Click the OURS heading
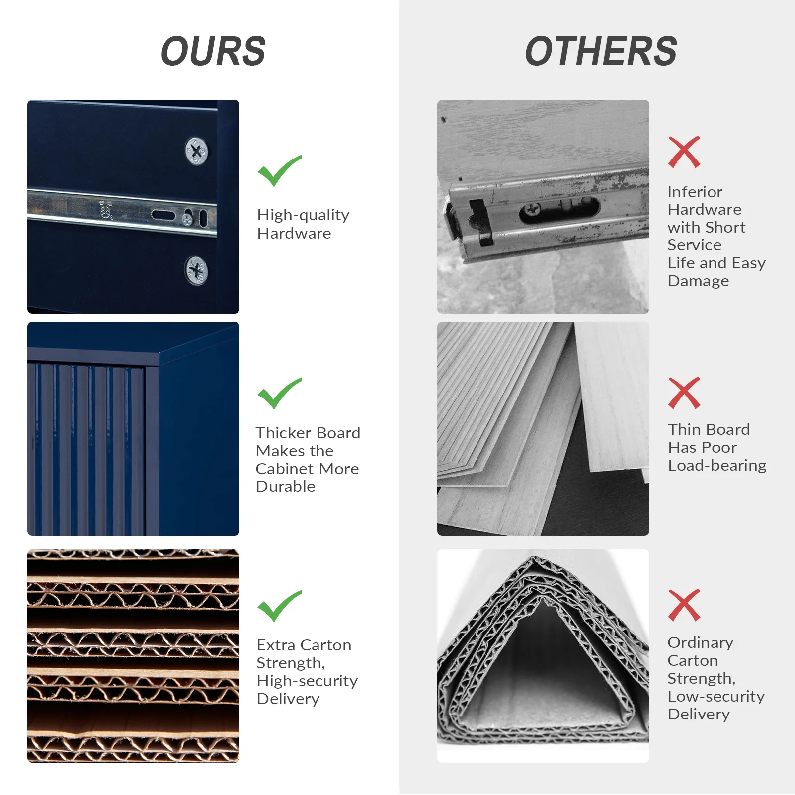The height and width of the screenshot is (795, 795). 214,51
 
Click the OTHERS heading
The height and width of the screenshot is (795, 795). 601,51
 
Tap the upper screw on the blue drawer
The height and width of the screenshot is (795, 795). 196,151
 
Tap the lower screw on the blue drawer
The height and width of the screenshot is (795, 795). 197,271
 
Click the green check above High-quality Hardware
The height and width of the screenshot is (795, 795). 279,170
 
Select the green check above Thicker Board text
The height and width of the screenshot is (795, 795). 279,393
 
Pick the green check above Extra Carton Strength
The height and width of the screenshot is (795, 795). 279,606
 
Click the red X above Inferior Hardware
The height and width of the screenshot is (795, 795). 684,152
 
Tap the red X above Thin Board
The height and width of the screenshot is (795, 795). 684,393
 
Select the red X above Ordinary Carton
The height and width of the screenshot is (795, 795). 684,605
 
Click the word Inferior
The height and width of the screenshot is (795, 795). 695,192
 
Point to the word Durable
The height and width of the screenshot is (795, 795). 286,486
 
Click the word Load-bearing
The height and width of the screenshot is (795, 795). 717,465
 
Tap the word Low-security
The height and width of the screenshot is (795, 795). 716,696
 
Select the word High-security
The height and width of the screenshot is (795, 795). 307,681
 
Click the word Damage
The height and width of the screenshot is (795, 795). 698,281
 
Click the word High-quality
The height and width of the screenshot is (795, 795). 303,215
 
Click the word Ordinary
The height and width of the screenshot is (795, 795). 700,643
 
